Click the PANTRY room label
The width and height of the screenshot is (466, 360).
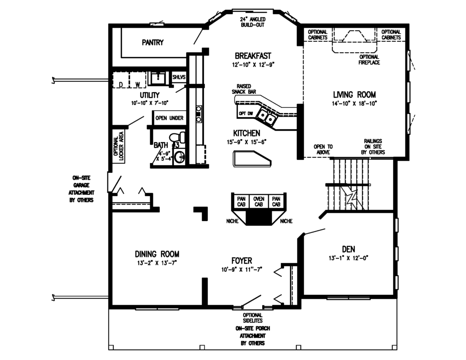point(152,43)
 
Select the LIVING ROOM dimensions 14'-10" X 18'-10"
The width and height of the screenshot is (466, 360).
point(354,104)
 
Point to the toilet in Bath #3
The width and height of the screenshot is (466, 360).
point(177,137)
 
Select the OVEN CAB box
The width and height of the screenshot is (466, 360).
point(258,202)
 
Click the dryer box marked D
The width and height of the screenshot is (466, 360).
point(121,84)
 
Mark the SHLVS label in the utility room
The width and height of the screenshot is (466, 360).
point(179,78)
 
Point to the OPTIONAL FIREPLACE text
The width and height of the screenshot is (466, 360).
point(369,60)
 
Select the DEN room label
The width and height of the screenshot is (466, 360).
point(348,249)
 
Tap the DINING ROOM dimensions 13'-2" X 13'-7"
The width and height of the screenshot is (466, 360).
point(157,263)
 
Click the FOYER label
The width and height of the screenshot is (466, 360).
point(241,261)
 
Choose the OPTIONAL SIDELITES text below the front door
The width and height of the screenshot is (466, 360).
point(252,318)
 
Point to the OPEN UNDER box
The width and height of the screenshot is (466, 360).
point(169,118)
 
